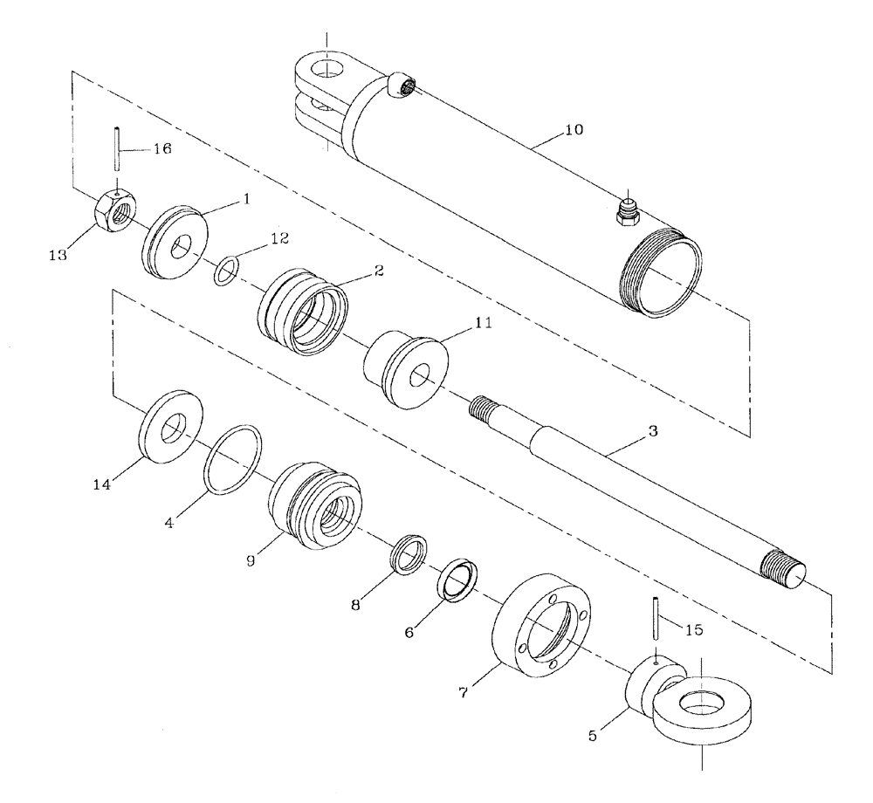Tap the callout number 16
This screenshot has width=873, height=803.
tap(162, 148)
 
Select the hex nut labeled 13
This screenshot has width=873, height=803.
tap(112, 214)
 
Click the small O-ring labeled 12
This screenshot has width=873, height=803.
tap(225, 271)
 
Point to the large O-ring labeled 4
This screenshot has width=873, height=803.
tap(233, 460)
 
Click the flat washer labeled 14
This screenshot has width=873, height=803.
tap(171, 423)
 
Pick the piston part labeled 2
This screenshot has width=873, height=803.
tap(301, 311)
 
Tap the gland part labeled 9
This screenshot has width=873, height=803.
tap(313, 505)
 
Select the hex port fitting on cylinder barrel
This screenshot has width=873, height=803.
tap(627, 212)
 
